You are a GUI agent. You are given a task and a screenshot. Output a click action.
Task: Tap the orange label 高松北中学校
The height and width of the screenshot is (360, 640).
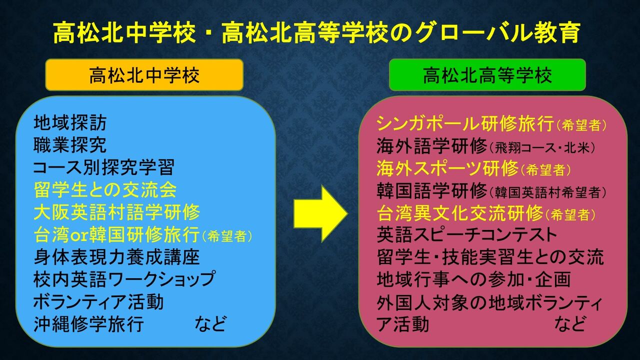coord(144,75)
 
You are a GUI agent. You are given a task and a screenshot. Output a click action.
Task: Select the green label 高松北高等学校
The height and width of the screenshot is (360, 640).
coord(487,75)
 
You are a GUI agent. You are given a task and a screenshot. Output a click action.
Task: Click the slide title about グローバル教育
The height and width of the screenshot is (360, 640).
coord(316,33)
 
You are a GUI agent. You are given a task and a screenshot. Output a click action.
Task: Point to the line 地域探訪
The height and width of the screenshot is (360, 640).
coord(70,122)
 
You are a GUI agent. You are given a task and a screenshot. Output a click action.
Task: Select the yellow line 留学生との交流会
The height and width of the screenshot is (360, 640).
coord(105,190)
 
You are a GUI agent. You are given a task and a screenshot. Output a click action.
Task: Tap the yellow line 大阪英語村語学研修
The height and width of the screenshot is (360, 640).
coord(117,212)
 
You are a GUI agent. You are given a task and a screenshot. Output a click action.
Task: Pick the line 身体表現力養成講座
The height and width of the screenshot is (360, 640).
coord(117,257)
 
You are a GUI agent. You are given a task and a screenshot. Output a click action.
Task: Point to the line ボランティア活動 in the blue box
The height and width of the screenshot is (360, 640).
coord(98,302)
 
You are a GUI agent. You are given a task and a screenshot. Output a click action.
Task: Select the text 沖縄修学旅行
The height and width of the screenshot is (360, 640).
coord(89,324)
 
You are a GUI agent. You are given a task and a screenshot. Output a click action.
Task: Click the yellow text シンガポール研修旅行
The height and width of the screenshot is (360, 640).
coord(465,123)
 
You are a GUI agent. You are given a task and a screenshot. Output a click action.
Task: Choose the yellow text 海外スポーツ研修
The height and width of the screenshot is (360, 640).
coord(447,168)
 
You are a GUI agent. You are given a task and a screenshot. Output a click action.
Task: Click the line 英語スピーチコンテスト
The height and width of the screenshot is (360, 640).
coord(466,234)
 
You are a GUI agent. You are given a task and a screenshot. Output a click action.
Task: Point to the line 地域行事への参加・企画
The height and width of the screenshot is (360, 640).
coord(473,279)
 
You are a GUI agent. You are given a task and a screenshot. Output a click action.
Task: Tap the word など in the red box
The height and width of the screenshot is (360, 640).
coord(569,324)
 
